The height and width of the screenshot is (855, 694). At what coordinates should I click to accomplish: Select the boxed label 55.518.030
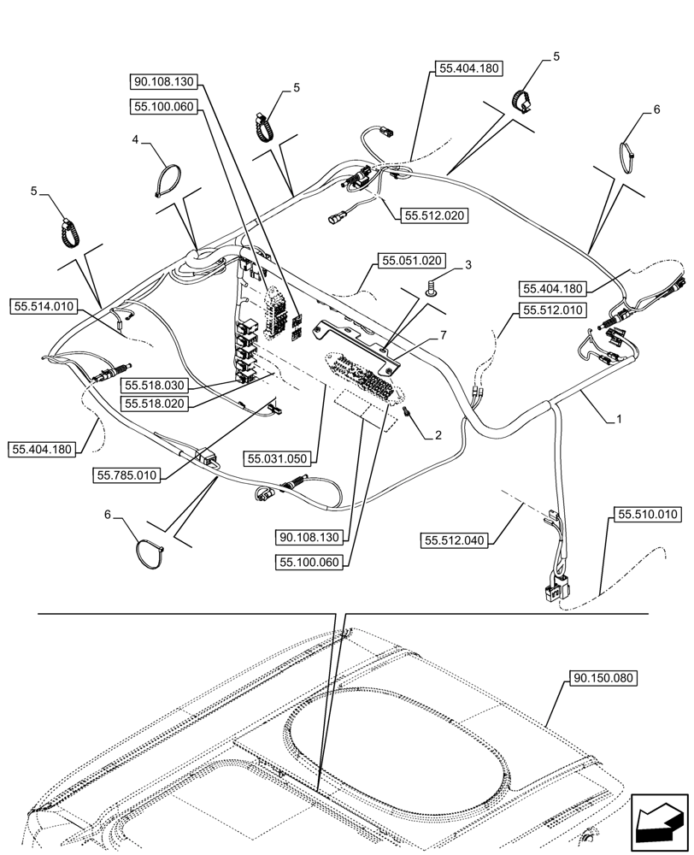153,386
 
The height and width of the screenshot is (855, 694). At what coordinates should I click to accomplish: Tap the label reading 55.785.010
127,475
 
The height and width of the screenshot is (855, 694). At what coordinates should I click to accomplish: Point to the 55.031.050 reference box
281,459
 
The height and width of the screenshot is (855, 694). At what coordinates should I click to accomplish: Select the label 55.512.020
433,215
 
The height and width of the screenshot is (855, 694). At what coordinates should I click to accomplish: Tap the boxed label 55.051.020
411,261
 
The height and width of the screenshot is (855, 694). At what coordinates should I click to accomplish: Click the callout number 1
618,420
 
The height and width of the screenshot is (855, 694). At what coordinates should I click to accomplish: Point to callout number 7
443,334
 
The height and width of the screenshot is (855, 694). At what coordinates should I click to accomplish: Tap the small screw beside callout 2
408,415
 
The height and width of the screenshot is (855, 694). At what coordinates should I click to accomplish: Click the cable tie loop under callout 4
169,181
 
